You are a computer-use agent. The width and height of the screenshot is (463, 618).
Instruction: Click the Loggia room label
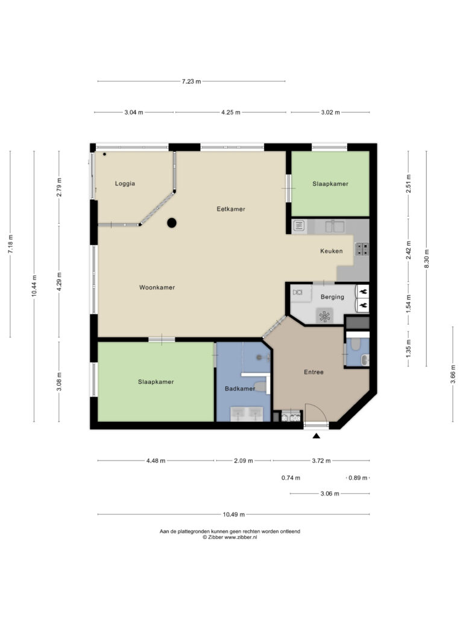pos(125,183)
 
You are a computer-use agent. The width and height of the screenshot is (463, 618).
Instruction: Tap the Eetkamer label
pos(231,209)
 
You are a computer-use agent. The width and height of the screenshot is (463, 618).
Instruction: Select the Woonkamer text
pos(157,287)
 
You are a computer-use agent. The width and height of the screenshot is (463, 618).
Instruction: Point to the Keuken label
pos(331,250)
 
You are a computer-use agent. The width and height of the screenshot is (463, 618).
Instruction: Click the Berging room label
pos(332,297)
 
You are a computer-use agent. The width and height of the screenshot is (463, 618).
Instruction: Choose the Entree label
pos(313,372)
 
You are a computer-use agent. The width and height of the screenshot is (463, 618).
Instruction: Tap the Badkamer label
pos(240,388)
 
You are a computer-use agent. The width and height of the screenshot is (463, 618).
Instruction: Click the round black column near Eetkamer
pos(172,223)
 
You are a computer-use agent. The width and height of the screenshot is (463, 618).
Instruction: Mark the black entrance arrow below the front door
pos(316,436)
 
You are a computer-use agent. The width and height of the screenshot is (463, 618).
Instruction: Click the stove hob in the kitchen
pos(362,249)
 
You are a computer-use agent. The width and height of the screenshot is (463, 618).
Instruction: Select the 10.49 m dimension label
pos(233,514)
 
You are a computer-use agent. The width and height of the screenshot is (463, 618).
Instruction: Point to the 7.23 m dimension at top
pos(191,81)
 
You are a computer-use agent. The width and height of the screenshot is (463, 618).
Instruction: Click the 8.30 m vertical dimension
pos(426,258)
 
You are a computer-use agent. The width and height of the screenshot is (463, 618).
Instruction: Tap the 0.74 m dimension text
pos(291,478)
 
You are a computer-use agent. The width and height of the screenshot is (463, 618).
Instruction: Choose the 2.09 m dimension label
pos(244,460)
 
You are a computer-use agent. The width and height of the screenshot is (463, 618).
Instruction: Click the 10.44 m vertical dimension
pos(34,285)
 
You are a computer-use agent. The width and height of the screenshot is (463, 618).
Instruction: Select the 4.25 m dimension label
pos(231,112)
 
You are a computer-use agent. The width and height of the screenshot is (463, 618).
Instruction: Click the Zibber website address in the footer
pos(241,537)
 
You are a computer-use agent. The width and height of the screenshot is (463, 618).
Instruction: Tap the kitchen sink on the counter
pos(335,227)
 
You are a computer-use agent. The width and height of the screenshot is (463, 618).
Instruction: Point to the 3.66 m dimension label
pos(453,374)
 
